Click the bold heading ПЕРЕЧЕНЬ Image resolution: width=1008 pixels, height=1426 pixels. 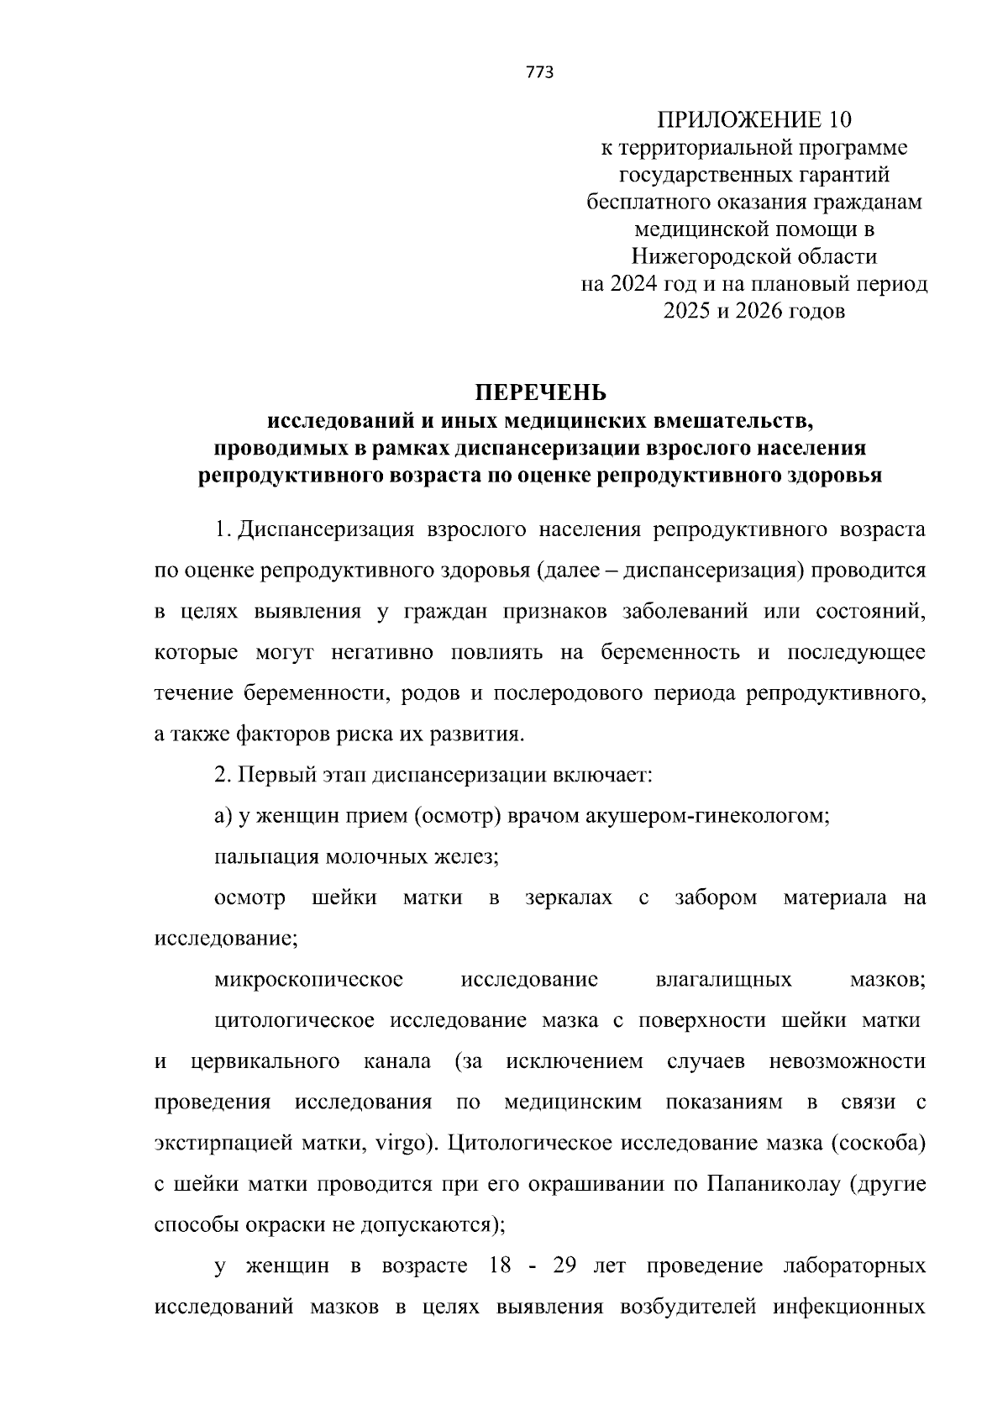tap(540, 392)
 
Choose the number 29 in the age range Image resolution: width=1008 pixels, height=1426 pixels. tap(564, 1266)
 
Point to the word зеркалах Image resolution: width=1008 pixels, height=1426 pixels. tap(569, 897)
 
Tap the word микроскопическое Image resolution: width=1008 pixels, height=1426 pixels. tap(308, 979)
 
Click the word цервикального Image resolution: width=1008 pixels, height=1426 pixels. tap(265, 1061)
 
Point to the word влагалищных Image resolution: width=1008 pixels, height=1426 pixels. tap(722, 979)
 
